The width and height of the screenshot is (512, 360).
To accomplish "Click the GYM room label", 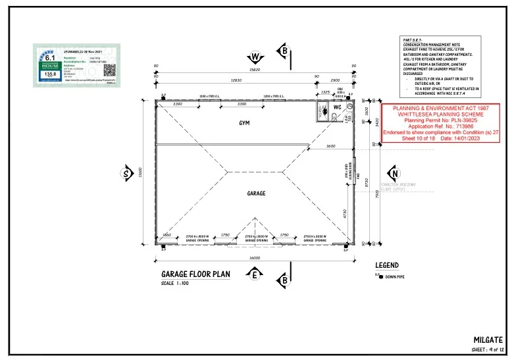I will [x=244, y=122].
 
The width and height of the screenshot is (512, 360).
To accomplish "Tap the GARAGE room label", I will [x=256, y=193].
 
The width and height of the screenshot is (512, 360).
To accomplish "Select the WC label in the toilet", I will [x=336, y=107].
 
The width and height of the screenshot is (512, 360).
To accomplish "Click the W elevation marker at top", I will [x=257, y=56].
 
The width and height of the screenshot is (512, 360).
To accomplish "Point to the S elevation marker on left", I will [x=126, y=174].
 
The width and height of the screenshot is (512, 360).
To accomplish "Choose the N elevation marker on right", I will [x=394, y=174].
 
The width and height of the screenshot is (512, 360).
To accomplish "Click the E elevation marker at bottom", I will [x=253, y=276].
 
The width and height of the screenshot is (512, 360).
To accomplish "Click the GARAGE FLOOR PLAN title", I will [x=196, y=274].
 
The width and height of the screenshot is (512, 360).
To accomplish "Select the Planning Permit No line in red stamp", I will [x=432, y=121].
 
